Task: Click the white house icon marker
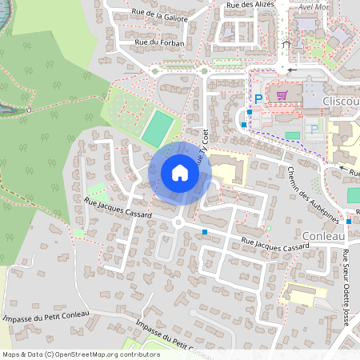[x=180, y=173]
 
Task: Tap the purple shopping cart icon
[x=282, y=94]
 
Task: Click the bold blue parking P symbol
[x=258, y=98]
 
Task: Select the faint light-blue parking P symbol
[x=314, y=128]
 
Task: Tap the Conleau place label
[x=325, y=236]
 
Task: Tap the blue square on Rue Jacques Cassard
[x=206, y=232]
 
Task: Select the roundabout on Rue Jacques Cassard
[x=177, y=223]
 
